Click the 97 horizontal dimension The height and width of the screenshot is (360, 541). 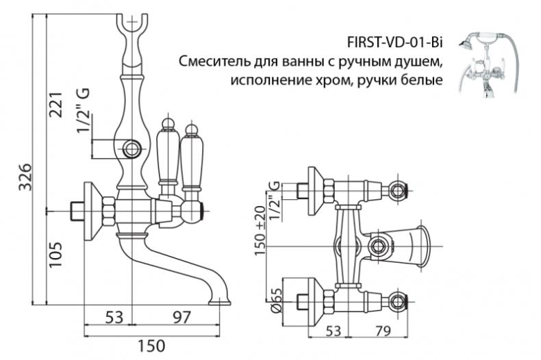179,317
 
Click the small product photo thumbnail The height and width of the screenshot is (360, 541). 489,65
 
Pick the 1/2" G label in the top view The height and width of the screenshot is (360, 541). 275,198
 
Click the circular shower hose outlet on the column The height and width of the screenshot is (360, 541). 134,147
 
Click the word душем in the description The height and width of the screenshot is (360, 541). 415,62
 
